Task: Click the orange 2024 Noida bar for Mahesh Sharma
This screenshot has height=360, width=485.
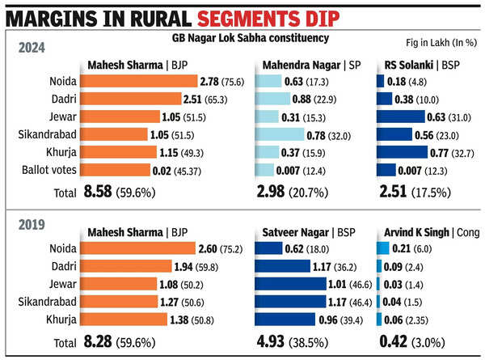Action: click(142, 82)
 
